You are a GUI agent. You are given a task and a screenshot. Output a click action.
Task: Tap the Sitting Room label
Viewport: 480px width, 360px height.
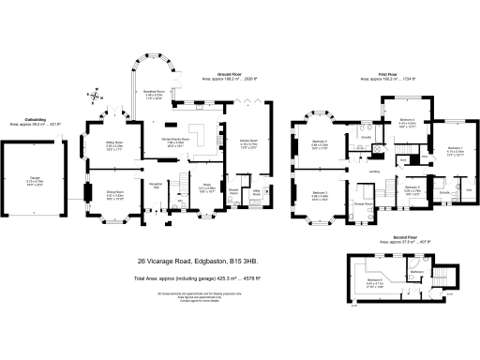(x=114, y=143)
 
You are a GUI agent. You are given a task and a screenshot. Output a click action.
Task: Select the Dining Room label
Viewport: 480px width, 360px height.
(x=114, y=194)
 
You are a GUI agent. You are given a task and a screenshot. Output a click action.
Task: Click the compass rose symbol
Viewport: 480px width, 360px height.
(x=95, y=95)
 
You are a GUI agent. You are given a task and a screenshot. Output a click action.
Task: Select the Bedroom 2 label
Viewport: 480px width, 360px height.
(x=318, y=142)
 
